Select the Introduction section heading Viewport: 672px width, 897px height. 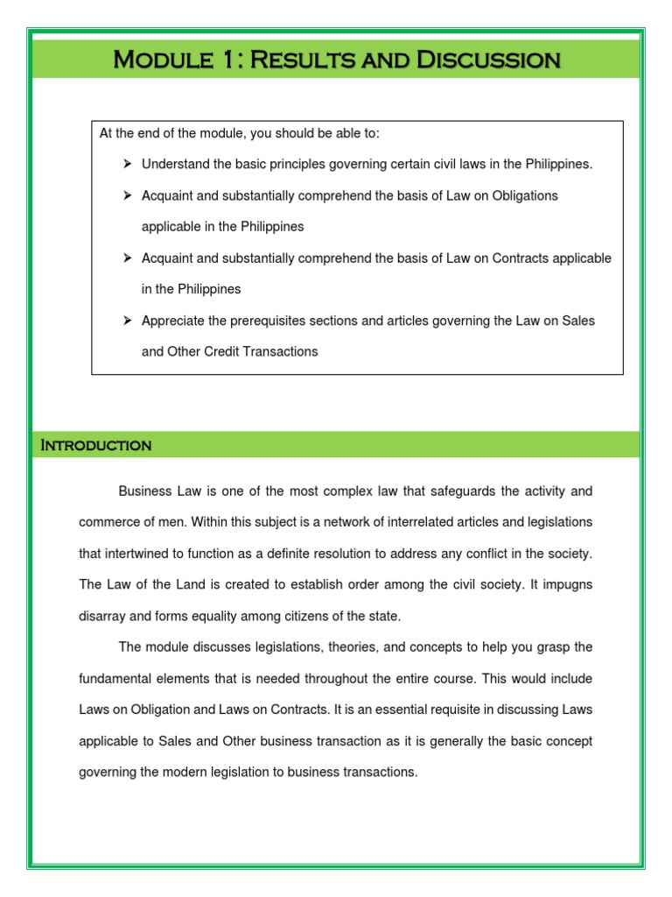point(96,445)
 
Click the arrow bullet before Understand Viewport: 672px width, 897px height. point(127,164)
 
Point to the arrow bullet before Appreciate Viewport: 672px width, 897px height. point(127,321)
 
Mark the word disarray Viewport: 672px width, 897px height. point(103,616)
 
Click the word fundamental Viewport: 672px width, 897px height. point(117,679)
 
